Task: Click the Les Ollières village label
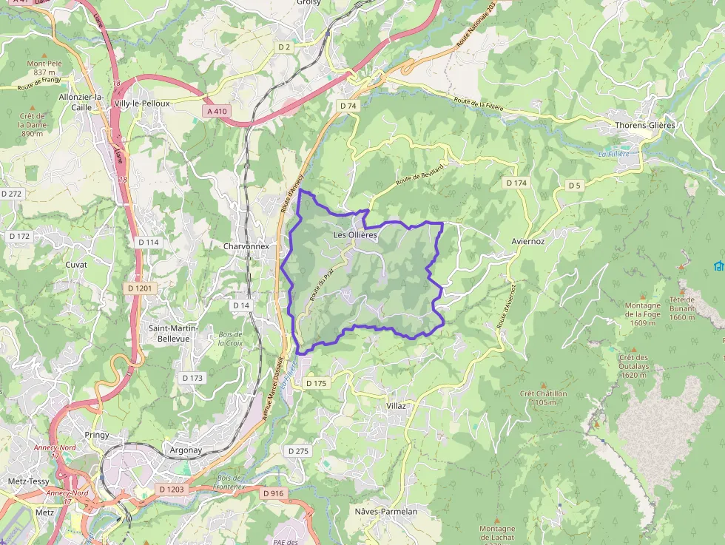pyautogui.click(x=355, y=235)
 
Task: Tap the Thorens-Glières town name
pyautogui.click(x=645, y=125)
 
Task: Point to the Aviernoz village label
pyautogui.click(x=528, y=241)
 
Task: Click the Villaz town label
pyautogui.click(x=397, y=406)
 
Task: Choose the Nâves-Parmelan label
pyautogui.click(x=385, y=511)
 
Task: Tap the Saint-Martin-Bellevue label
pyautogui.click(x=169, y=333)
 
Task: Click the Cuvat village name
pyautogui.click(x=76, y=264)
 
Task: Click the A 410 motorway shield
pyautogui.click(x=217, y=111)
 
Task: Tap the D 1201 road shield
pyautogui.click(x=138, y=288)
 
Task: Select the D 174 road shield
pyautogui.click(x=516, y=183)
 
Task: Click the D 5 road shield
pyautogui.click(x=575, y=185)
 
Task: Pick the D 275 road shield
pyautogui.click(x=298, y=450)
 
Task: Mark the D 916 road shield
pyautogui.click(x=273, y=492)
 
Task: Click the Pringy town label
pyautogui.click(x=96, y=435)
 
